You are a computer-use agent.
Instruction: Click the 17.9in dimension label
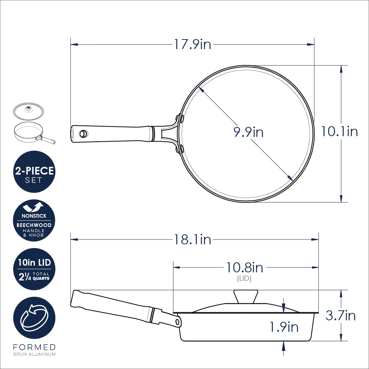(x=192, y=45)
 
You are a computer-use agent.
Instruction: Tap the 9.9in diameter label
(x=248, y=132)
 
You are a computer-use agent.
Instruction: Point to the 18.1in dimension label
(x=192, y=239)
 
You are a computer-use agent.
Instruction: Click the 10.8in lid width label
(x=244, y=268)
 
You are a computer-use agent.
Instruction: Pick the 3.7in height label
(x=341, y=315)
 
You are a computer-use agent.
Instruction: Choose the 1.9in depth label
(x=284, y=327)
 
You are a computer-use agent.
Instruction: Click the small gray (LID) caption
(x=244, y=279)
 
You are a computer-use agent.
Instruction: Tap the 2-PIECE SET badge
(x=34, y=172)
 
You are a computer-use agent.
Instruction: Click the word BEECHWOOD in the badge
(x=34, y=225)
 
